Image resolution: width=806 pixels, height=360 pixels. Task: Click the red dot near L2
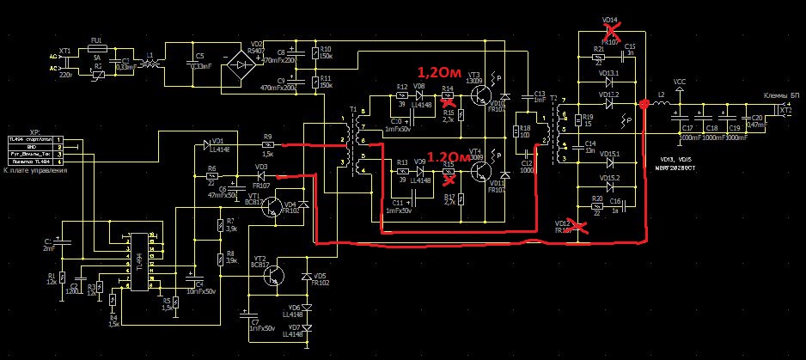644,105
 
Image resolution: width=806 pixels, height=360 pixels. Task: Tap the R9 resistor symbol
268,145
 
